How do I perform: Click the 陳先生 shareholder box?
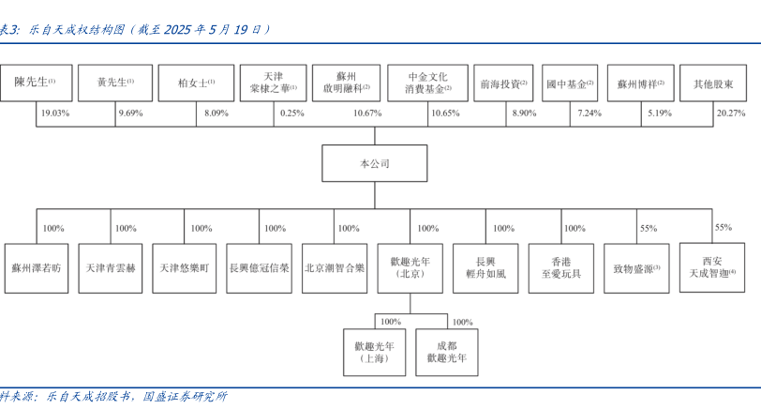tap(37, 83)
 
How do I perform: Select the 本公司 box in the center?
tap(375, 163)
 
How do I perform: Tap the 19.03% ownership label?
tap(55, 114)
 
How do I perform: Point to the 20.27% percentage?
tap(731, 114)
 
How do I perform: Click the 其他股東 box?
tap(713, 83)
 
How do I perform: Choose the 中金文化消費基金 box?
tap(427, 83)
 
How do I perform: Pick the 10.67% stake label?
tap(367, 114)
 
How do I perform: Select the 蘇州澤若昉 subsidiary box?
tap(37, 268)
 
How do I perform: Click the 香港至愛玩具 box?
tap(561, 268)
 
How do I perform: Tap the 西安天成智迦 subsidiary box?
tap(712, 267)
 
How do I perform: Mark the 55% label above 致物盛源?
tap(649, 228)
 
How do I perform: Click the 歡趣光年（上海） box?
tap(374, 352)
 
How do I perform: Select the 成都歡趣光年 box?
tap(446, 352)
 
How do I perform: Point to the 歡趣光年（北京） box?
tap(410, 268)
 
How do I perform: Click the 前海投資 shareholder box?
tap(503, 83)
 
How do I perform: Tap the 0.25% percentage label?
tap(292, 114)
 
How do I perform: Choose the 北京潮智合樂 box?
tap(335, 268)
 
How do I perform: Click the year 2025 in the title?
tap(178, 30)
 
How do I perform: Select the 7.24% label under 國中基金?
tap(589, 114)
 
